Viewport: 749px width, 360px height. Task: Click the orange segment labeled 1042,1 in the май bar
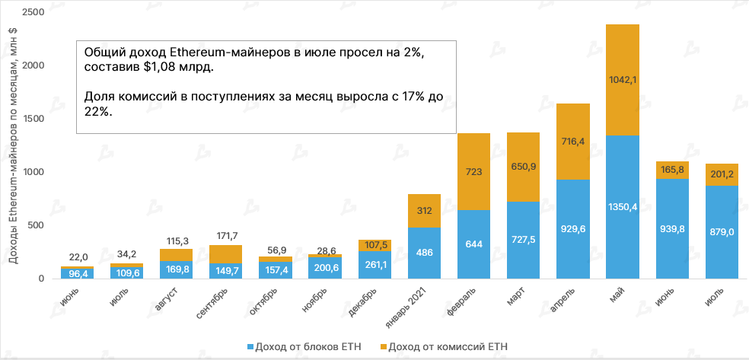[x=622, y=80]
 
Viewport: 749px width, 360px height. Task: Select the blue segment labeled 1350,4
[x=622, y=206]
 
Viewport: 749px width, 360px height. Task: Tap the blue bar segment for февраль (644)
[x=473, y=244]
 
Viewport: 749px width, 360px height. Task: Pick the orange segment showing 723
[x=473, y=171]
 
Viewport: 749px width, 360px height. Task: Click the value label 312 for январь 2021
[x=424, y=211]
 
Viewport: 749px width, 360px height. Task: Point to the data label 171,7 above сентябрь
[x=225, y=234]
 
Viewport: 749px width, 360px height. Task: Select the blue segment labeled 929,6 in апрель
[x=572, y=228]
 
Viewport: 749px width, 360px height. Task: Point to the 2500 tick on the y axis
[x=35, y=13]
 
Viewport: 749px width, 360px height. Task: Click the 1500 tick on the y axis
[x=35, y=119]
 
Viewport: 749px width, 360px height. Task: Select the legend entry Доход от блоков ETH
[x=310, y=346]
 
